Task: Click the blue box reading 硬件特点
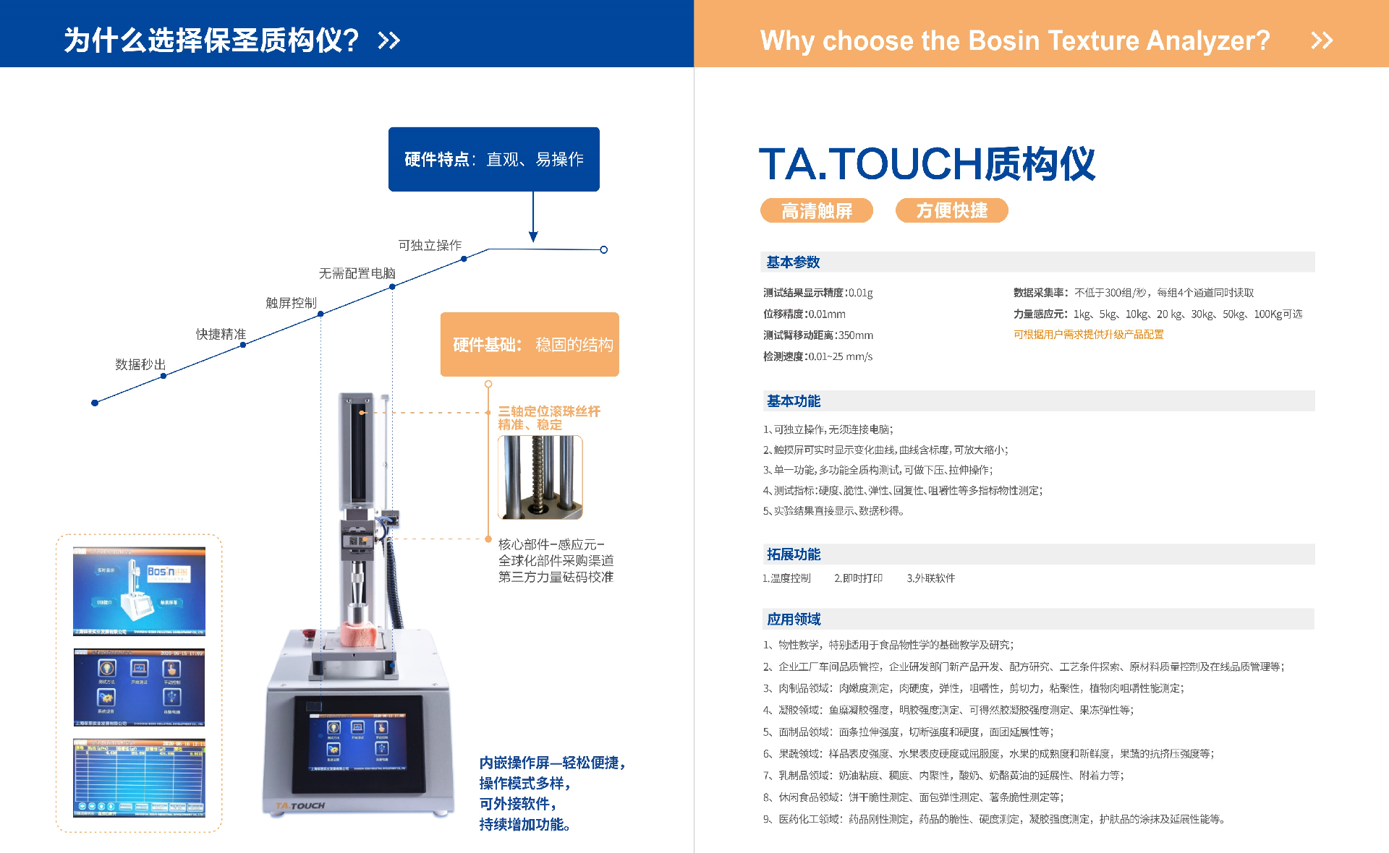[493, 159]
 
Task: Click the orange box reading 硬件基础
[530, 344]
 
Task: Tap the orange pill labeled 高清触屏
[816, 210]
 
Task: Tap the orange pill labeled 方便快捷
[951, 210]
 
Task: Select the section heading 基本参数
[793, 262]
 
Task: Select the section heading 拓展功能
[793, 554]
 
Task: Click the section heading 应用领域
[793, 620]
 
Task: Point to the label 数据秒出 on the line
[140, 364]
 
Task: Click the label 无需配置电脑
[357, 273]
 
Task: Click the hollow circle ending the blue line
[603, 250]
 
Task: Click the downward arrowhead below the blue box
[533, 236]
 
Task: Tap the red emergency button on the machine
[310, 634]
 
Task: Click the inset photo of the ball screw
[540, 477]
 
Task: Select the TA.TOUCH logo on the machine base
[300, 805]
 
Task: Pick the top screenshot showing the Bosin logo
[139, 591]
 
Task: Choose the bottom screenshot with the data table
[139, 778]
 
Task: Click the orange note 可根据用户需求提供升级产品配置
[1088, 335]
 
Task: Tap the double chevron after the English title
[1321, 40]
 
